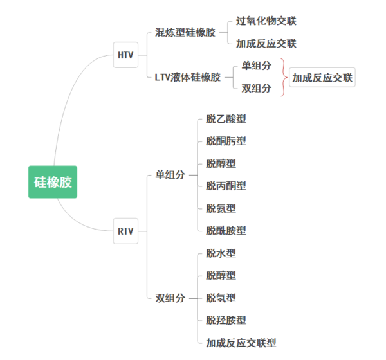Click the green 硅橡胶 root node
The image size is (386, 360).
pyautogui.click(x=53, y=182)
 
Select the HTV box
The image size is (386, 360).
pyautogui.click(x=125, y=55)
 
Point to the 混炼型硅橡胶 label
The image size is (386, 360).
pyautogui.click(x=185, y=32)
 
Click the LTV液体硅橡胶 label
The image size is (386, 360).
pyautogui.click(x=188, y=77)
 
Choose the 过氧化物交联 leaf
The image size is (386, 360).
pyautogui.click(x=266, y=21)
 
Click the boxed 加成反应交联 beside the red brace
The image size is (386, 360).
pyautogui.click(x=322, y=77)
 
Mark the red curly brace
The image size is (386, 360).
pyautogui.click(x=284, y=77)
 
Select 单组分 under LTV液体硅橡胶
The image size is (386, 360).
pyautogui.click(x=257, y=66)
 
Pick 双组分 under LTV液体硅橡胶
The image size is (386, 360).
pyautogui.click(x=257, y=88)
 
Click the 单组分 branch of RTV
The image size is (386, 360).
pyautogui.click(x=170, y=174)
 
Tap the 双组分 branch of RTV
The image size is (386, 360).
pyautogui.click(x=170, y=298)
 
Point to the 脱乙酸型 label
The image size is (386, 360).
pyautogui.click(x=226, y=118)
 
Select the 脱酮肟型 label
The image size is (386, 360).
pyautogui.click(x=226, y=141)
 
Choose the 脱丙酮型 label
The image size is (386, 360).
pyautogui.click(x=226, y=186)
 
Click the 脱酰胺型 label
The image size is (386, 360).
pyautogui.click(x=226, y=230)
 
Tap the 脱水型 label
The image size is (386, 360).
pyautogui.click(x=221, y=253)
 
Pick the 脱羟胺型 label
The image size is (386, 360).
pyautogui.click(x=226, y=320)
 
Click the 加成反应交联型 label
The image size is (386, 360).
pyautogui.click(x=241, y=343)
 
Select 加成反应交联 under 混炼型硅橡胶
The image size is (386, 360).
pyautogui.click(x=266, y=44)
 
